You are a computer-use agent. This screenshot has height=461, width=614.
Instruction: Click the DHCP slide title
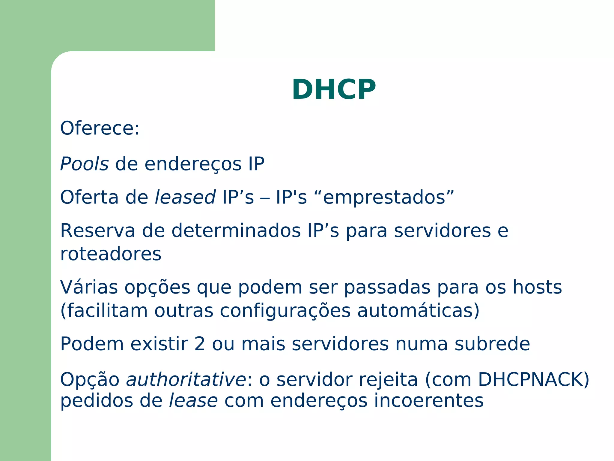pyautogui.click(x=334, y=89)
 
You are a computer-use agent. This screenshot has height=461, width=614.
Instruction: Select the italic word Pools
pyautogui.click(x=84, y=164)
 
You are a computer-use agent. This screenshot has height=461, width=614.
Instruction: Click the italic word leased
pyautogui.click(x=185, y=197)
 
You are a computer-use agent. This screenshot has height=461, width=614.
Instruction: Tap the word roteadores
pyautogui.click(x=111, y=254)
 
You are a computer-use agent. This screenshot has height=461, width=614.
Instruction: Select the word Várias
pyautogui.click(x=89, y=287)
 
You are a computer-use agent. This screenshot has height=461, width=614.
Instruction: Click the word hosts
pyautogui.click(x=537, y=287)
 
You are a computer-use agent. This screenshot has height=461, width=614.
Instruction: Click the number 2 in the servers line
pyautogui.click(x=200, y=344)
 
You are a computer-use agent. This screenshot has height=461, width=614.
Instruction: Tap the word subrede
pyautogui.click(x=492, y=344)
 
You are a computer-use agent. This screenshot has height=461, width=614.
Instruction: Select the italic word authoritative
pyautogui.click(x=186, y=380)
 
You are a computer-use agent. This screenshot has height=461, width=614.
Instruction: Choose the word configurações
pyautogui.click(x=285, y=311)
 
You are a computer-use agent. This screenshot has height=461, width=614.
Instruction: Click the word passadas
pyautogui.click(x=387, y=287)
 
